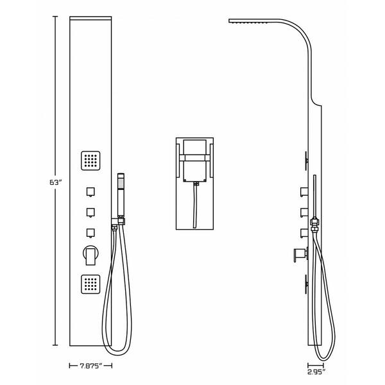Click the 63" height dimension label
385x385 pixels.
point(55,182)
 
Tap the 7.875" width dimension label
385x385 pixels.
point(90,366)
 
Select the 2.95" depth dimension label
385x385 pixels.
point(316,372)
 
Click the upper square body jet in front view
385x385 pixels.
point(90,160)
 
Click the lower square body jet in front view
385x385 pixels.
point(90,284)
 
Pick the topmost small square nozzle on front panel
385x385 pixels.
point(90,192)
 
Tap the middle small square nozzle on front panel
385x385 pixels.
point(90,212)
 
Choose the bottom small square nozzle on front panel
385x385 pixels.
point(90,234)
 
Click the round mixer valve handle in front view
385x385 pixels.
point(90,255)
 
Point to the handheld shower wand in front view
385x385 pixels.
point(121,195)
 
